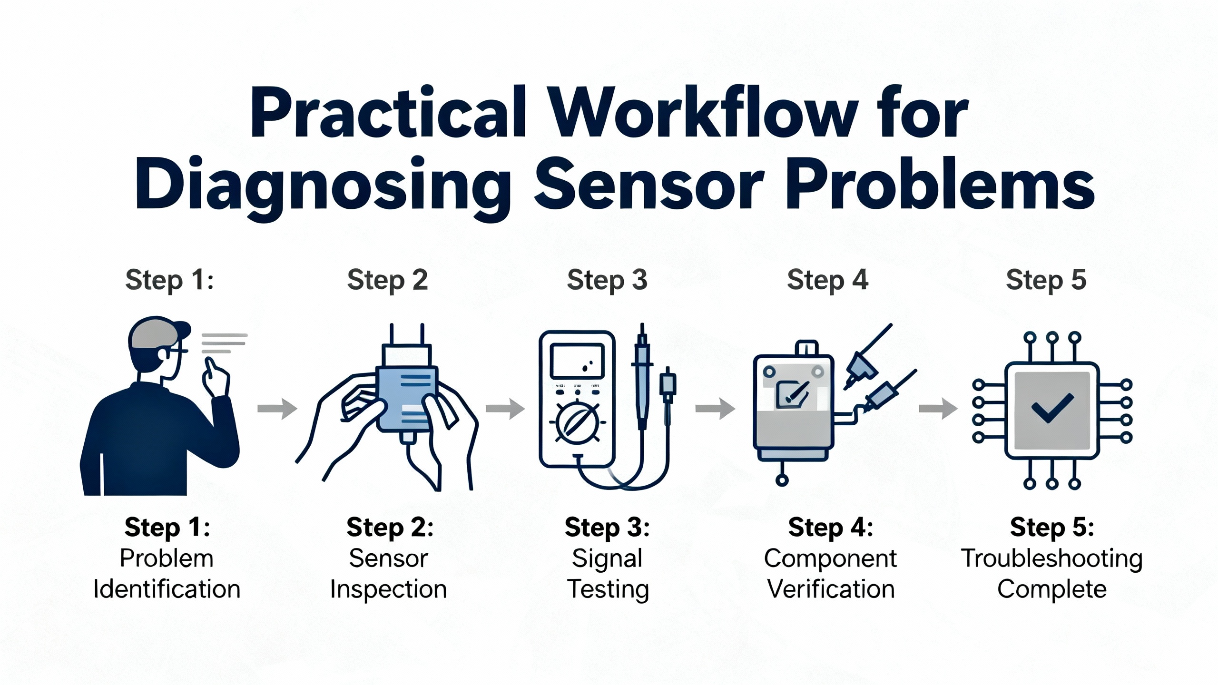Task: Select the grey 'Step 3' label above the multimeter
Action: pyautogui.click(x=607, y=280)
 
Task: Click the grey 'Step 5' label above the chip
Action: pyautogui.click(x=1046, y=280)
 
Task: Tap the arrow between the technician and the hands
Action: pyautogui.click(x=277, y=408)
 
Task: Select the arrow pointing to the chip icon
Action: pyautogui.click(x=938, y=408)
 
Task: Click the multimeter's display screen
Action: pyautogui.click(x=577, y=361)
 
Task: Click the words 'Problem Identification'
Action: pyautogui.click(x=167, y=574)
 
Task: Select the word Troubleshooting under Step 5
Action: pyautogui.click(x=1051, y=558)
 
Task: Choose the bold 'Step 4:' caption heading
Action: pyautogui.click(x=830, y=528)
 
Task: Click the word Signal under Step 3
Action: pyautogui.click(x=607, y=558)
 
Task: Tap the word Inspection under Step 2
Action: pyautogui.click(x=388, y=589)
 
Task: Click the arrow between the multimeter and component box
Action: pyautogui.click(x=715, y=408)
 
